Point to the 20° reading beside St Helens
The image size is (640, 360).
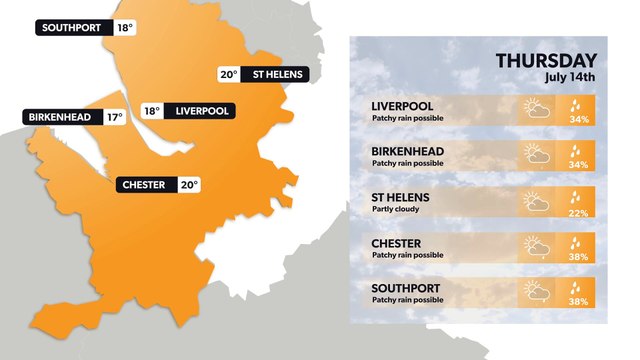click(x=229, y=74)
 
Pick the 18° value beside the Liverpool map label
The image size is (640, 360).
click(x=151, y=111)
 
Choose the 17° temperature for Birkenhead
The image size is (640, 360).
click(x=114, y=117)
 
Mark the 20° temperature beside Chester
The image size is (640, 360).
click(x=189, y=184)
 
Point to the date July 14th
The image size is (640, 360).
click(x=570, y=77)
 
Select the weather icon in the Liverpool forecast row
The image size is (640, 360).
click(x=536, y=109)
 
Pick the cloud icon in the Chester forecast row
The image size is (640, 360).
click(x=536, y=246)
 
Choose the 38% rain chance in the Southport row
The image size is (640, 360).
click(x=578, y=301)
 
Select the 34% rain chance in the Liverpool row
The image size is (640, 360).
click(x=578, y=119)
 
